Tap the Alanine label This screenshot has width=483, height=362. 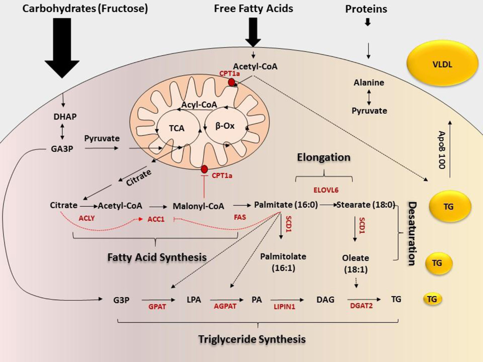coord(369,83)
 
